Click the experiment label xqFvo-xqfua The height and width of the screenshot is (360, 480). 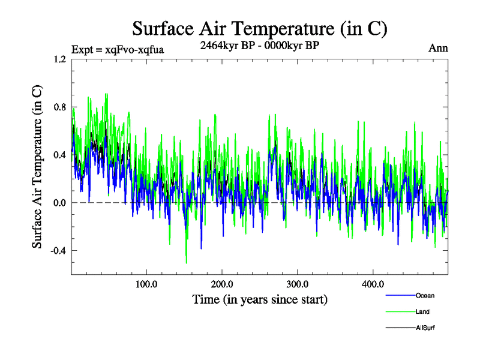(x=118, y=49)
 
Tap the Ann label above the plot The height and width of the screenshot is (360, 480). (x=438, y=49)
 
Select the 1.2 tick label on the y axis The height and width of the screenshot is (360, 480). (x=59, y=59)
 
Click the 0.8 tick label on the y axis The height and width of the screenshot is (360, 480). (x=59, y=107)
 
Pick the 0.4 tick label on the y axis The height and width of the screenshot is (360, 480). (x=59, y=155)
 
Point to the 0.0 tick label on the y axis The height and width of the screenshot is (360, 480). (x=59, y=203)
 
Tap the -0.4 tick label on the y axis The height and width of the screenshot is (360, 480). (x=58, y=251)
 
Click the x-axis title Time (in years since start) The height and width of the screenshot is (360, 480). (x=259, y=298)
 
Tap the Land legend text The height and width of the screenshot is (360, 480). (x=422, y=312)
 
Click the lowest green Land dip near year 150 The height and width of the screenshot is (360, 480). (x=187, y=263)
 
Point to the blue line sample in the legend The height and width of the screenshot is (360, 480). (x=399, y=296)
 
